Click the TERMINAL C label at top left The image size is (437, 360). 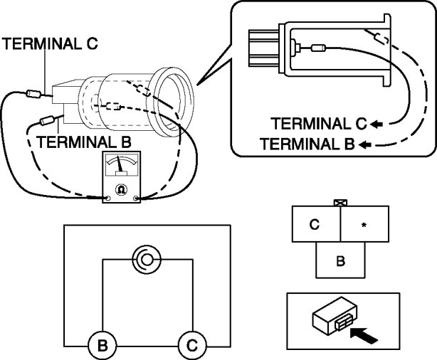(x=51, y=43)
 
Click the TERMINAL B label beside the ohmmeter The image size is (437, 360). (x=84, y=142)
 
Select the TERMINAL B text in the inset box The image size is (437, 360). (x=307, y=144)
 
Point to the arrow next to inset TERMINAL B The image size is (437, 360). (x=365, y=144)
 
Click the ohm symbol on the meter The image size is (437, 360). (x=120, y=190)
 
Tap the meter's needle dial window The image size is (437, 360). (x=120, y=169)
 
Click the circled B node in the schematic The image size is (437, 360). (x=102, y=346)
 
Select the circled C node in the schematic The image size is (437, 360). (x=191, y=346)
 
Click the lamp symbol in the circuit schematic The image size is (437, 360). (x=147, y=260)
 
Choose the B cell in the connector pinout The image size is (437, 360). (x=340, y=260)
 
